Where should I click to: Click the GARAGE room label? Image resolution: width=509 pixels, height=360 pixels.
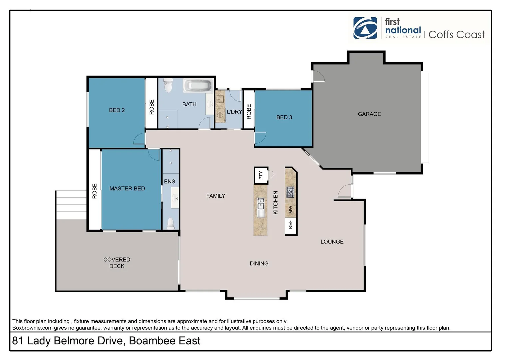369,114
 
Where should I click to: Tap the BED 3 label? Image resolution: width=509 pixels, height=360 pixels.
284,117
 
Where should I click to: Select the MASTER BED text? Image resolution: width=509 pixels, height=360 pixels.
127,189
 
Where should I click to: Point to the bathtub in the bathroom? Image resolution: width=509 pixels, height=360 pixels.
198,86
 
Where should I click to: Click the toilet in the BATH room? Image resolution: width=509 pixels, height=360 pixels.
168,86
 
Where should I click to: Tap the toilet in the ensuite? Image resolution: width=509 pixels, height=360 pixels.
170,223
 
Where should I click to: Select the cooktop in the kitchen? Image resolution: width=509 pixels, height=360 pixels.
291,192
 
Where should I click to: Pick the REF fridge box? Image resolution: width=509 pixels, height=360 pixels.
291,224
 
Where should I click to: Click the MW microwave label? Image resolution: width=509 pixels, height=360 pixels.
291,210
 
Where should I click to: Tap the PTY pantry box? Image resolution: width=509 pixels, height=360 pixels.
261,175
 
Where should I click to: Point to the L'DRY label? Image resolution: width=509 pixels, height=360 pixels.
234,112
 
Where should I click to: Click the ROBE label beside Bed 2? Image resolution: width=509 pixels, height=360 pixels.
152,107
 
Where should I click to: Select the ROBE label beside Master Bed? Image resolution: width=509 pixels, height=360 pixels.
94,191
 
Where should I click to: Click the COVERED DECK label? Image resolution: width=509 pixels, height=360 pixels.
117,263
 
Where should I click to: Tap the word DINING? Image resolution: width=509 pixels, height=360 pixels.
259,264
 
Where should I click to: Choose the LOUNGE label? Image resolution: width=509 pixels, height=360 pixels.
332,242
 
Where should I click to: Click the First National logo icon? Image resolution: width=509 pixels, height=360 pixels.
365,28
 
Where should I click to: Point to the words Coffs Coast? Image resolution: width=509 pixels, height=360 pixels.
456,34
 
